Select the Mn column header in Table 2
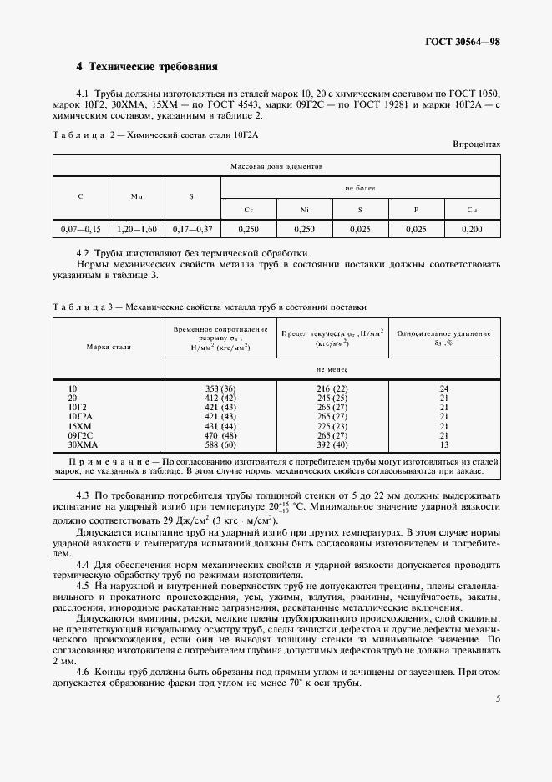coord(137,195)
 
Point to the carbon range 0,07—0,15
coord(80,229)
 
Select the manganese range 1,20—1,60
coord(137,229)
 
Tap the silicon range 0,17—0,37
coord(192,229)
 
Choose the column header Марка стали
coord(109,346)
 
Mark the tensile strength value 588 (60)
coord(220,444)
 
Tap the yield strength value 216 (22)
coord(332,388)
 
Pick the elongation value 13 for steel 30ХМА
coord(444,444)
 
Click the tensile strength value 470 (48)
coord(220,434)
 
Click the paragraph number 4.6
coord(84,673)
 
